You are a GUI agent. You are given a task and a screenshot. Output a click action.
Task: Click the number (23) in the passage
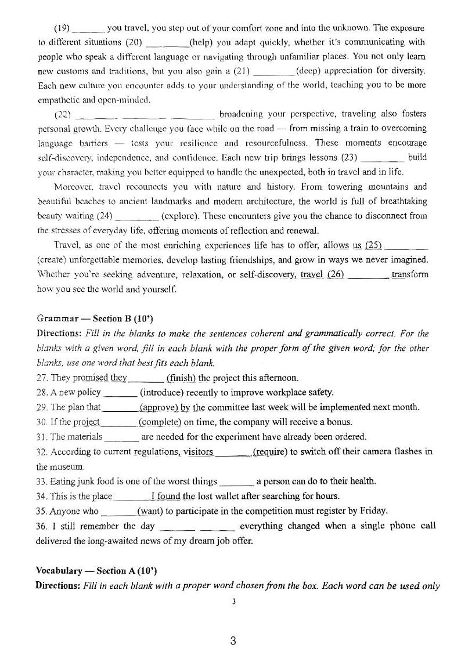point(350,157)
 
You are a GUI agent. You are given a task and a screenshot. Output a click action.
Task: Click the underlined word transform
point(410,274)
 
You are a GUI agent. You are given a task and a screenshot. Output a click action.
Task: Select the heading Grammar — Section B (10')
point(95,318)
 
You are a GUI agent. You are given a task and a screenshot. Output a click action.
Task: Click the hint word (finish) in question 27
point(181,378)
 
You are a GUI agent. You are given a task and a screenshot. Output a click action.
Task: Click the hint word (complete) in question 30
point(160,422)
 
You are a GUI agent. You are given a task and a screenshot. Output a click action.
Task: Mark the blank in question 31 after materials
point(123,437)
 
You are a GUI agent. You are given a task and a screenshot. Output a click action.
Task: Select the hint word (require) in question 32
point(271,452)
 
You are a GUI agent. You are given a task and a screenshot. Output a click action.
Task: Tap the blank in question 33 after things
point(237,481)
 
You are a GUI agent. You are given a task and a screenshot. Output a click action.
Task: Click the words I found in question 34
point(165,496)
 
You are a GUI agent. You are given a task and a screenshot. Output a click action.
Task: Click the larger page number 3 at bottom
point(233,640)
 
